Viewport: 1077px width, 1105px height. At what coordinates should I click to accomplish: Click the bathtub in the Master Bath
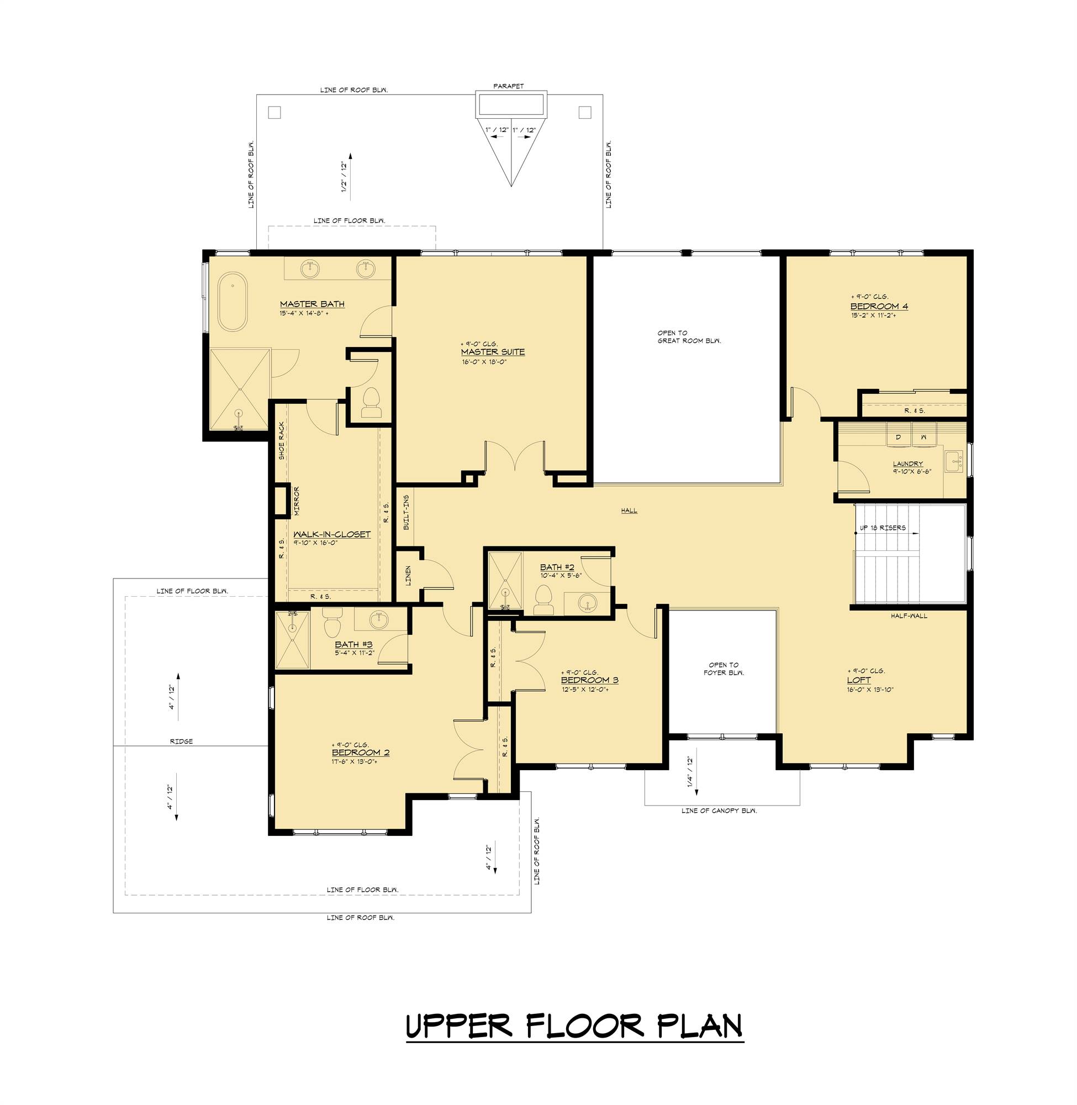pos(233,302)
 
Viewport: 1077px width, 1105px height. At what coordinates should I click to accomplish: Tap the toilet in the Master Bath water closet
pos(372,403)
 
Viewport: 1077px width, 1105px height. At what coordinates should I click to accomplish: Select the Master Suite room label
pos(493,352)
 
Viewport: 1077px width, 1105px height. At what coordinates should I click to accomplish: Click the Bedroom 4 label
pos(879,307)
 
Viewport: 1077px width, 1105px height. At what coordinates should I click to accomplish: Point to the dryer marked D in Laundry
pos(897,438)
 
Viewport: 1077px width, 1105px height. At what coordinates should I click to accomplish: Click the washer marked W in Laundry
pos(923,438)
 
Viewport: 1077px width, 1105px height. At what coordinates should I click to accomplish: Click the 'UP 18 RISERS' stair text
pos(883,528)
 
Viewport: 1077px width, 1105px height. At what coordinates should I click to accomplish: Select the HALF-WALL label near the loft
pos(909,615)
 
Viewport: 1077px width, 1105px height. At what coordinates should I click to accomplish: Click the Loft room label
pos(859,680)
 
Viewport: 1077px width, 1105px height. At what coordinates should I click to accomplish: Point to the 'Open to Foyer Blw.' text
pos(724,669)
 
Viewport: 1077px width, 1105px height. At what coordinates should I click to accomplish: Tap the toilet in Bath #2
pos(543,600)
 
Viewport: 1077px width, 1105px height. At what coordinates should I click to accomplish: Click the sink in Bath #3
pos(379,619)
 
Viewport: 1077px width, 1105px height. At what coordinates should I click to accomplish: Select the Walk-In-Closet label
pos(332,534)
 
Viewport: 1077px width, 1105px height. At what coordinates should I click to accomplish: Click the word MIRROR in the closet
pos(296,501)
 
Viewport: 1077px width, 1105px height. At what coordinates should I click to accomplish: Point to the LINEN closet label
pos(408,575)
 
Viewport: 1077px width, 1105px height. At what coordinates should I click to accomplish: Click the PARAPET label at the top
pos(509,87)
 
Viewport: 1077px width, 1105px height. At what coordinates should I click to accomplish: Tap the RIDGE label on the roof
pos(182,741)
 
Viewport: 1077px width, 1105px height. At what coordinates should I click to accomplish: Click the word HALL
pos(629,511)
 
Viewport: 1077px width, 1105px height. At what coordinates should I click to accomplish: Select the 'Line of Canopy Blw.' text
pos(720,810)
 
